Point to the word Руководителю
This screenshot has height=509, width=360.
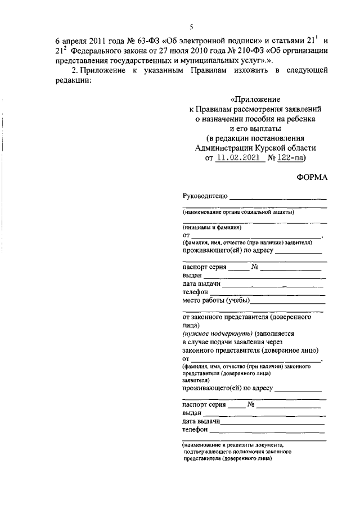pos(205,196)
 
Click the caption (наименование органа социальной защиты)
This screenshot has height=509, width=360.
pos(238,212)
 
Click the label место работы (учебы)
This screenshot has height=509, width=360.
pos(217,301)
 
